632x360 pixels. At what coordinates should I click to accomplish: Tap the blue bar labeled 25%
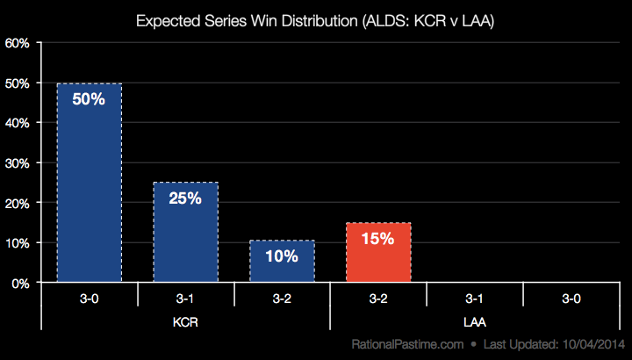[x=185, y=233]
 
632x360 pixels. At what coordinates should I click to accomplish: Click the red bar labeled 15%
[x=378, y=252]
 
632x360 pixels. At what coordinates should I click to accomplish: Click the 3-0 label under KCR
[x=89, y=299]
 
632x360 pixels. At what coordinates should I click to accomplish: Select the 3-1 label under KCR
[x=185, y=299]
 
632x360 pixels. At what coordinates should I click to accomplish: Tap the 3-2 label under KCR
[x=282, y=299]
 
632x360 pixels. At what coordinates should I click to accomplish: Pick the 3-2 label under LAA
[x=378, y=299]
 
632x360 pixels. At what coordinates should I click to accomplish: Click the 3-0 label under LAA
[x=571, y=299]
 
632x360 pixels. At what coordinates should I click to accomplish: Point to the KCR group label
[x=185, y=322]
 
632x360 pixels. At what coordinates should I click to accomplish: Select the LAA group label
[x=475, y=322]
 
